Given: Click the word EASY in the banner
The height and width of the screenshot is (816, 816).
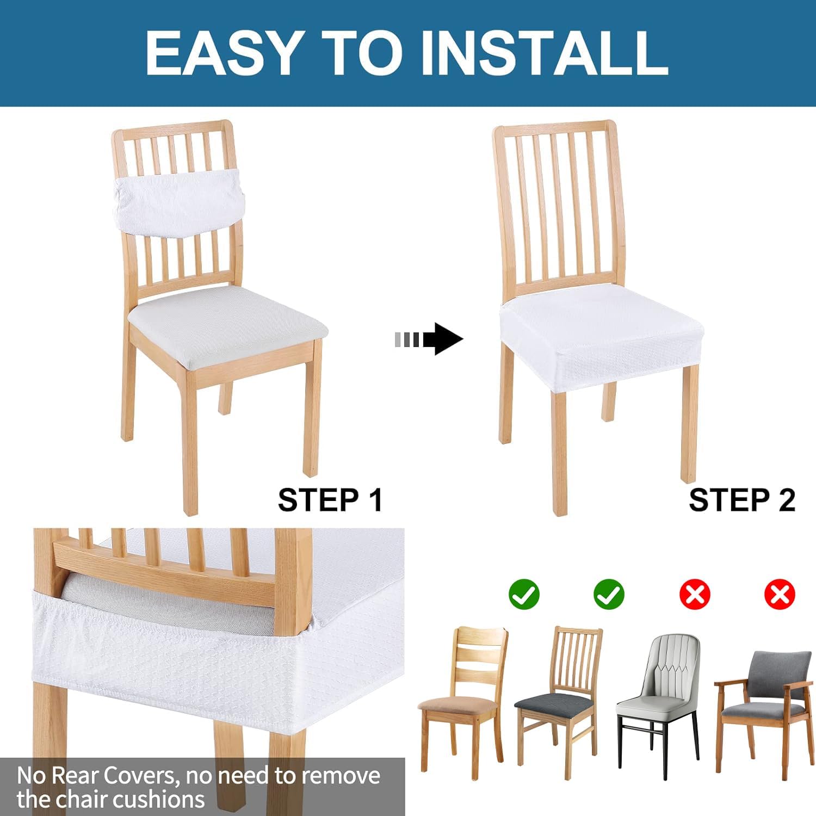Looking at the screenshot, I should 222,52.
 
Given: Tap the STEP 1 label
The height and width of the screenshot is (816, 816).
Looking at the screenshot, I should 330,500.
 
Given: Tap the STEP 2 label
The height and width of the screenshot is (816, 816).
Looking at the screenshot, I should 741,500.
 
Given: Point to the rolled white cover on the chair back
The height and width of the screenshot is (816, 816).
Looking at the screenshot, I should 179,200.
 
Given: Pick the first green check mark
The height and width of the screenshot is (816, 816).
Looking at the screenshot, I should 524,594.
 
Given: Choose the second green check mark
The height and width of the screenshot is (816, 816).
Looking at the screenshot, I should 609,594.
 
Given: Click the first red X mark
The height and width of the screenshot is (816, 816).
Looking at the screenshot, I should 695,594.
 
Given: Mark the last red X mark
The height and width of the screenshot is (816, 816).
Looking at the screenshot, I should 780,594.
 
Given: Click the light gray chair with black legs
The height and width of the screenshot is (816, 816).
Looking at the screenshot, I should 658,696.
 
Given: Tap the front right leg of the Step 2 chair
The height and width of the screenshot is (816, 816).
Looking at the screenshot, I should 689,424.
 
